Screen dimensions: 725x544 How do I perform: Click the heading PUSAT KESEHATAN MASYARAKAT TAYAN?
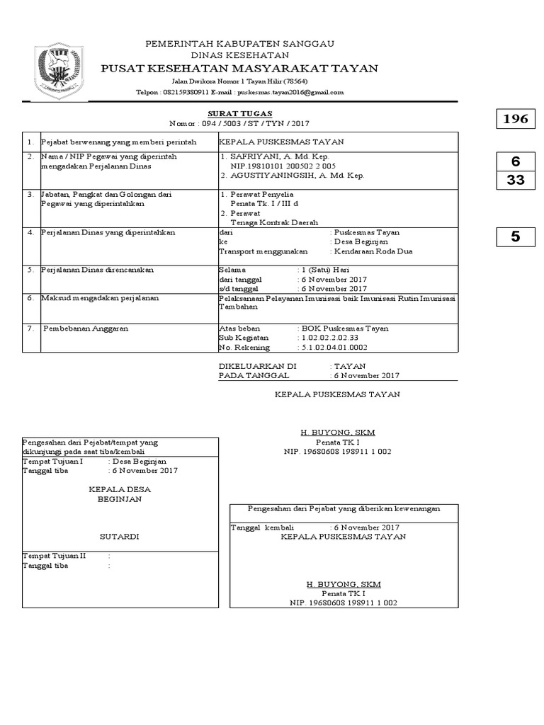pos(239,69)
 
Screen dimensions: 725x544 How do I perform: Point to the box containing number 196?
pos(515,120)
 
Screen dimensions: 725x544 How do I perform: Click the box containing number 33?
pos(515,181)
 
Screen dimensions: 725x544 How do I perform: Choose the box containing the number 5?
pos(515,237)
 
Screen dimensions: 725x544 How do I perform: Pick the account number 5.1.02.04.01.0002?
pos(333,348)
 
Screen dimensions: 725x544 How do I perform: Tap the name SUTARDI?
pos(119,537)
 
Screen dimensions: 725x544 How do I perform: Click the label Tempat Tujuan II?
pos(54,556)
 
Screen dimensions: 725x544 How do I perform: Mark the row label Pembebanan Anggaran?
pos(86,329)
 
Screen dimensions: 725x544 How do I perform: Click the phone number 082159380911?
pos(186,92)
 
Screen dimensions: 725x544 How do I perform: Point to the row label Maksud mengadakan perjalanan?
pos(100,298)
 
